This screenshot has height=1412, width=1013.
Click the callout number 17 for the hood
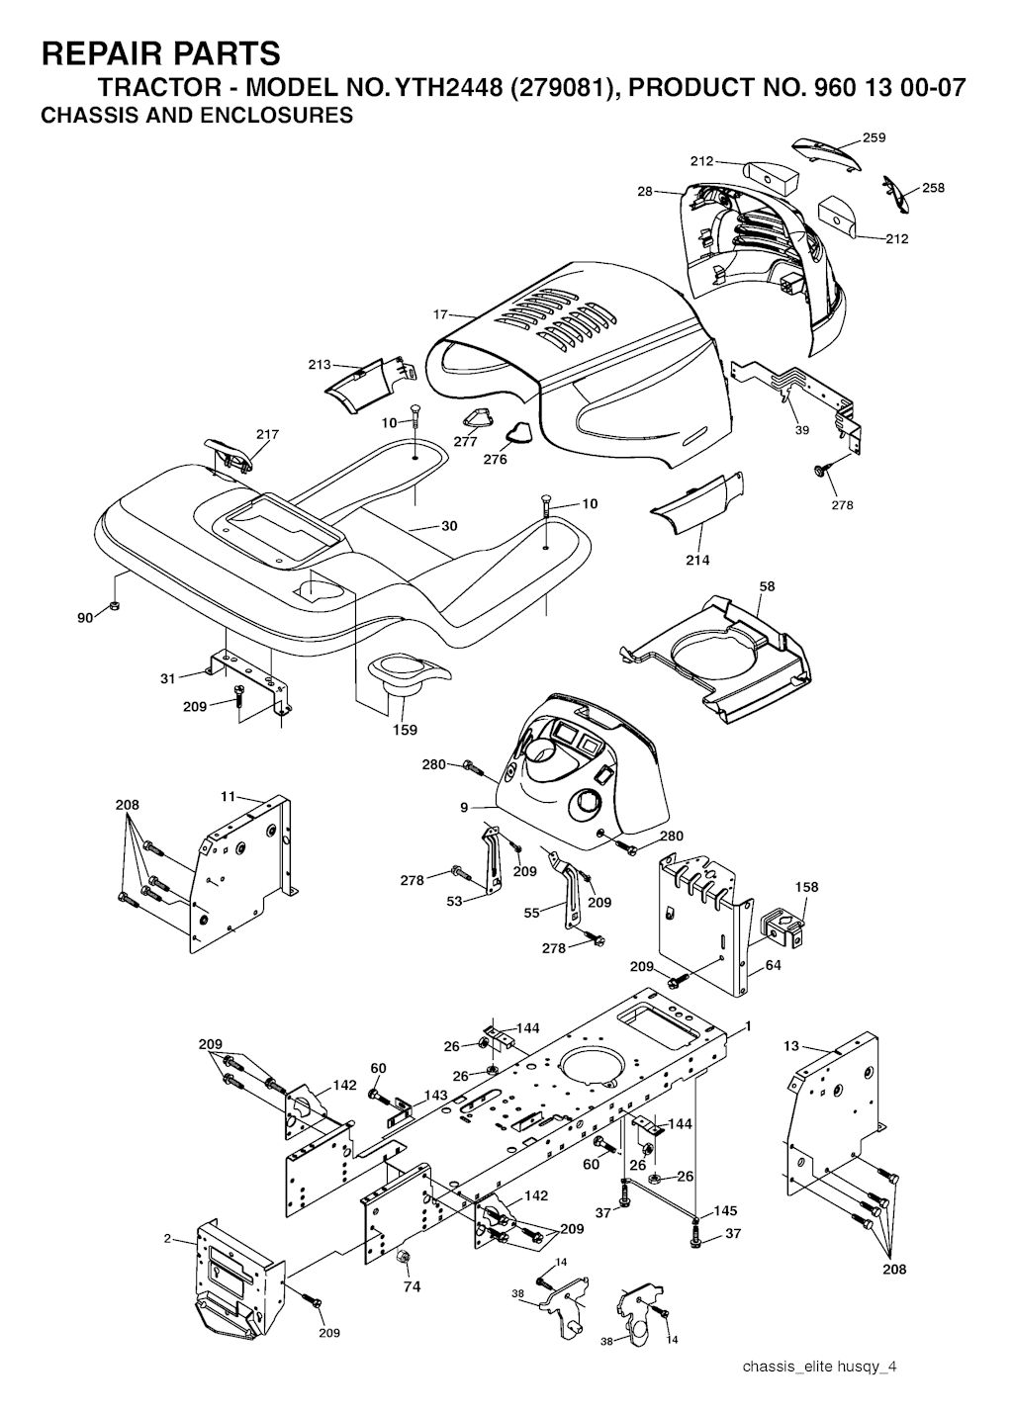click(441, 314)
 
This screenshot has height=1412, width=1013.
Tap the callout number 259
click(874, 137)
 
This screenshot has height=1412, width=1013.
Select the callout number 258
click(933, 187)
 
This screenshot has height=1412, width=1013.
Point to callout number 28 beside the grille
click(645, 192)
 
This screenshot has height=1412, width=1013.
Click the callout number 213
click(319, 364)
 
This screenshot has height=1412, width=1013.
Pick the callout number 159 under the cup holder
click(405, 730)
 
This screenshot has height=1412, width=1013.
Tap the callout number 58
click(767, 586)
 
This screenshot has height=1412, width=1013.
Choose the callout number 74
click(412, 1286)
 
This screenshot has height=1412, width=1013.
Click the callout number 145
click(725, 1210)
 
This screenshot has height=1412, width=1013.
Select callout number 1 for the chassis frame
click(748, 1025)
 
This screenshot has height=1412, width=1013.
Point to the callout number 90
click(85, 617)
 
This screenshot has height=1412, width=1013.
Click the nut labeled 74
click(404, 1258)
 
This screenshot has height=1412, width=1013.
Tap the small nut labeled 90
click(115, 606)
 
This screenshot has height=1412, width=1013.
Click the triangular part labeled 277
click(480, 417)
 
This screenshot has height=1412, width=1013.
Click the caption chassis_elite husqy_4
click(820, 1367)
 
